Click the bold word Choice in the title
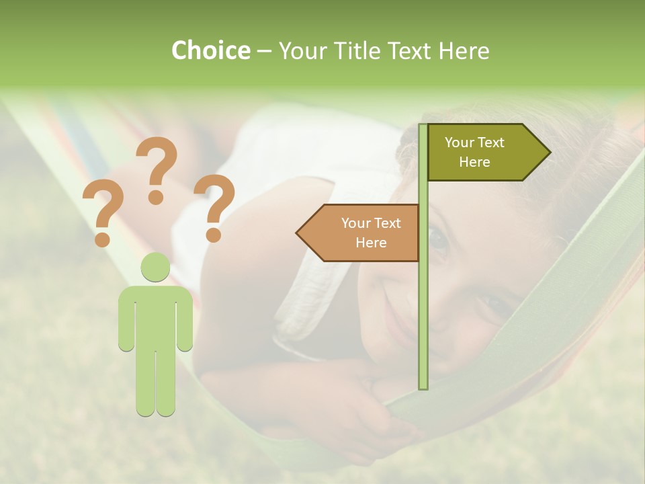pyautogui.click(x=210, y=50)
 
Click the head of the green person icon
pyautogui.click(x=156, y=268)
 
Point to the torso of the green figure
pyautogui.click(x=156, y=316)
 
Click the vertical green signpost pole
pyautogui.click(x=423, y=302)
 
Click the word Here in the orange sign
pyautogui.click(x=371, y=243)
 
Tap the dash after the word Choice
pyautogui.click(x=264, y=51)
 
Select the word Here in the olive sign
pyautogui.click(x=474, y=162)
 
